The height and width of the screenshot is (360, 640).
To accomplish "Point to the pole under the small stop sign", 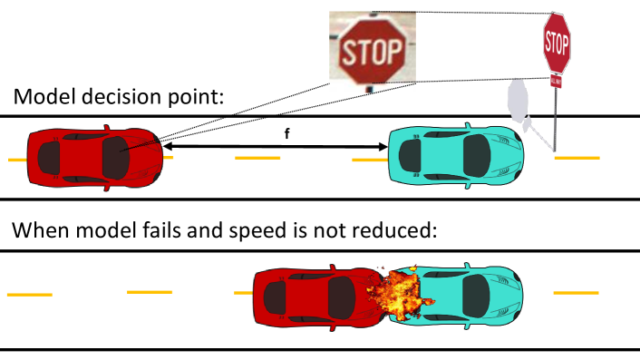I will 556,118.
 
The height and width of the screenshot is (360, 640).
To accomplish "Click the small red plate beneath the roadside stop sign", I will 556,82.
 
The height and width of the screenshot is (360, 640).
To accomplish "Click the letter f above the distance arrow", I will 287,133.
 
